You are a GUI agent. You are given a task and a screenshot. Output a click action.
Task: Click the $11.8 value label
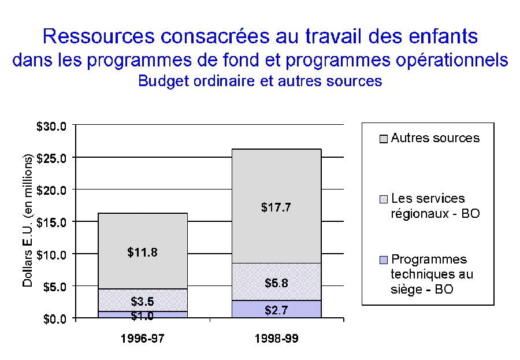pyautogui.click(x=142, y=252)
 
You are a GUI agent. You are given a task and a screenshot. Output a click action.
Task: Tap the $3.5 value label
pyautogui.click(x=142, y=302)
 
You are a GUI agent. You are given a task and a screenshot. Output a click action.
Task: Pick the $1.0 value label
pyautogui.click(x=142, y=316)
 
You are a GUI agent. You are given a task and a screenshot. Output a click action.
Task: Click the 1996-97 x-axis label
pyautogui.click(x=142, y=339)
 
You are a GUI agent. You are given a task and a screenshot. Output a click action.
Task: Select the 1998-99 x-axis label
pyautogui.click(x=276, y=339)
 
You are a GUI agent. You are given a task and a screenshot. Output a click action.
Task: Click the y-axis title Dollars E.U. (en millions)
pyautogui.click(x=28, y=222)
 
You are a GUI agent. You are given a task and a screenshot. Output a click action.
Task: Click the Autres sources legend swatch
pyautogui.click(x=384, y=138)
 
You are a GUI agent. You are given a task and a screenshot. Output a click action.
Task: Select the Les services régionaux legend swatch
pyautogui.click(x=384, y=199)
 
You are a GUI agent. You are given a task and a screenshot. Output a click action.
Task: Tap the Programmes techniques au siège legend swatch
pyautogui.click(x=384, y=260)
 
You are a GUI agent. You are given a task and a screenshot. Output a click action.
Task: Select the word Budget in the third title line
pyautogui.click(x=158, y=81)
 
